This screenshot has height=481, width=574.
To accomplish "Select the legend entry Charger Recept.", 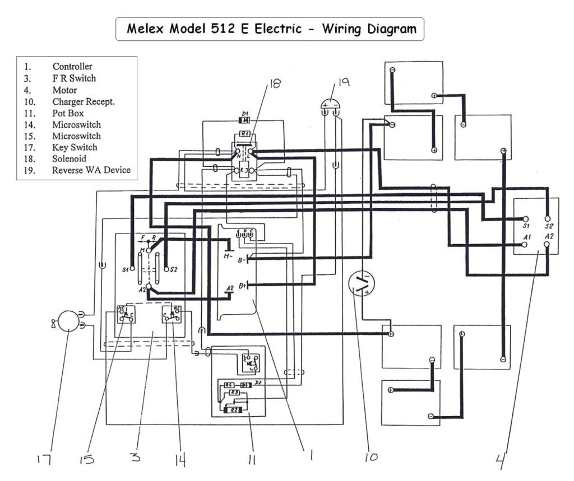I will [84, 101].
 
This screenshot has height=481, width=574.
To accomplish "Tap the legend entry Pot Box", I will [68, 113].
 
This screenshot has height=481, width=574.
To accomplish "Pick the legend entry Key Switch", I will [75, 147].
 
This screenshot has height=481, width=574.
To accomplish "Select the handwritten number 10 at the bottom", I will [371, 457].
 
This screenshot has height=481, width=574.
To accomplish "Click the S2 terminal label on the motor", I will [549, 226].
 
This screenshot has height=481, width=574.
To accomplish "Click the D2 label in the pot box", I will [258, 382].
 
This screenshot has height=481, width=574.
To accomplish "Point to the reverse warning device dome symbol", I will [331, 104].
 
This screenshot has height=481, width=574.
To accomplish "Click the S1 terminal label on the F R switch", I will [126, 269].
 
